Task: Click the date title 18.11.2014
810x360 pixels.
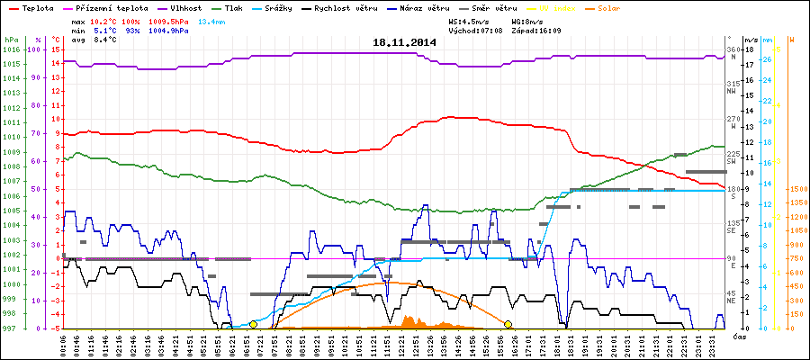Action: pyautogui.click(x=404, y=42)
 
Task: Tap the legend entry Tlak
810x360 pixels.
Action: pyautogui.click(x=238, y=7)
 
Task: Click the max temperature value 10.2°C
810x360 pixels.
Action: pyautogui.click(x=104, y=20)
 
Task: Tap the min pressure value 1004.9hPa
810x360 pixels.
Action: pyautogui.click(x=168, y=30)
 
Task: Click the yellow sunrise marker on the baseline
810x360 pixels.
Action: pyautogui.click(x=253, y=324)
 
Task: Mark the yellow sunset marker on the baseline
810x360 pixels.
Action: pyautogui.click(x=508, y=324)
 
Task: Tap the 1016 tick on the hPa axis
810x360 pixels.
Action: pyautogui.click(x=11, y=50)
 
